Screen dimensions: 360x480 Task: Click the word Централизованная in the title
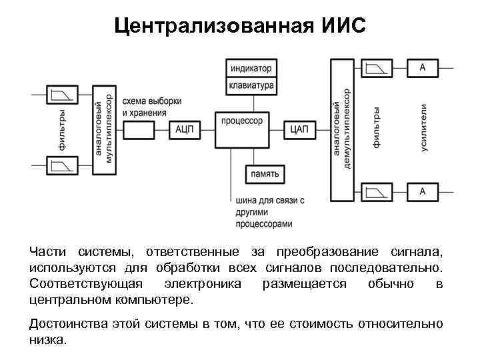click(211, 27)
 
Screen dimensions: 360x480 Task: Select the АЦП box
click(185, 129)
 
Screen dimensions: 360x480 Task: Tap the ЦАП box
click(299, 129)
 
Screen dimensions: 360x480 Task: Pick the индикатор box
click(251, 68)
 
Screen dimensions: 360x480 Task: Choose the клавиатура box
click(251, 85)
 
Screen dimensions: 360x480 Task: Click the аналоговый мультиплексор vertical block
click(104, 129)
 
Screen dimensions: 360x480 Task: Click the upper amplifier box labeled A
click(422, 68)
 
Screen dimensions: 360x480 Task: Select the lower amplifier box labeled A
click(422, 191)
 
